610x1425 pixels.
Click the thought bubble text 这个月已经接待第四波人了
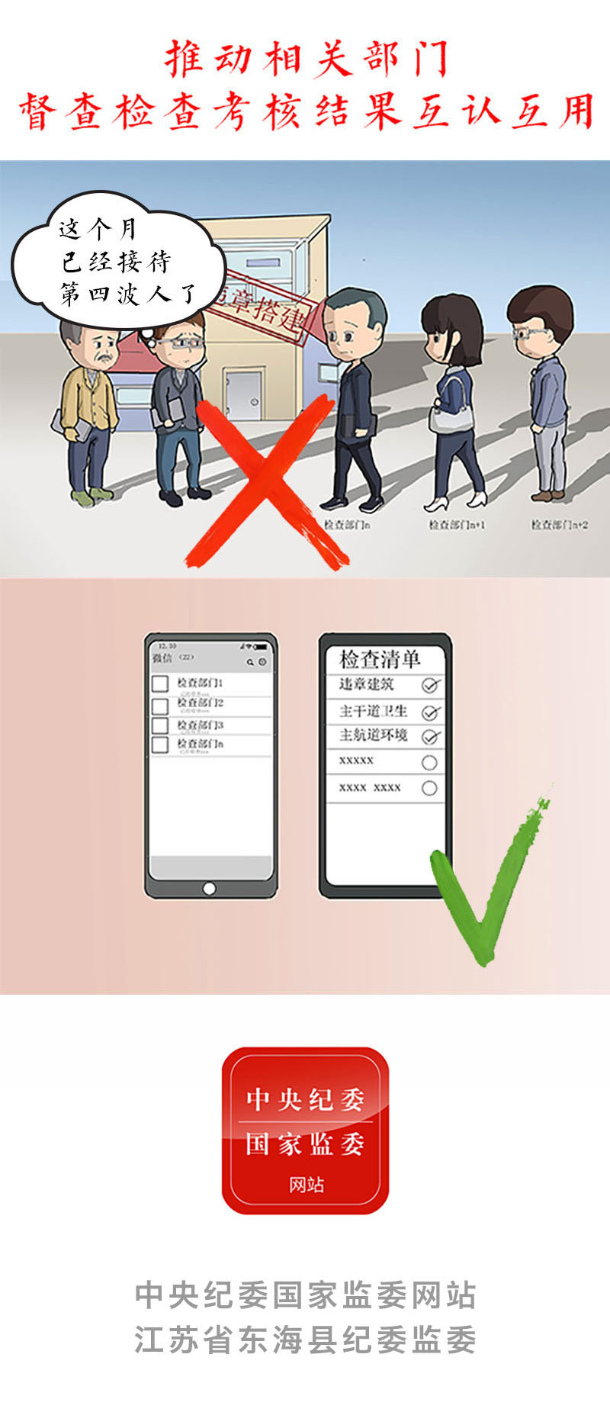[118, 262]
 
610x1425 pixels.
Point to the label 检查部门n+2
[559, 525]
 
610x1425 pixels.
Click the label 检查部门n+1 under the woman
[456, 525]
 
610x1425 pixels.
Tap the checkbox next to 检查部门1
[160, 684]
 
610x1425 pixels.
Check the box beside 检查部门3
[160, 725]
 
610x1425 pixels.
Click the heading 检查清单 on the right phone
[380, 659]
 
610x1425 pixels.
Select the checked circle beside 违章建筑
[430, 686]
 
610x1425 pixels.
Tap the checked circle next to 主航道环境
[430, 737]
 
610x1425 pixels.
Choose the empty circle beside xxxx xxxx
[429, 788]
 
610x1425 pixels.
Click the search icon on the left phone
[249, 662]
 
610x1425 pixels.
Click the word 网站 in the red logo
[306, 1185]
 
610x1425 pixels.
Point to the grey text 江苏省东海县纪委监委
[305, 1340]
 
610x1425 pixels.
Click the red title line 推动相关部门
[305, 60]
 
